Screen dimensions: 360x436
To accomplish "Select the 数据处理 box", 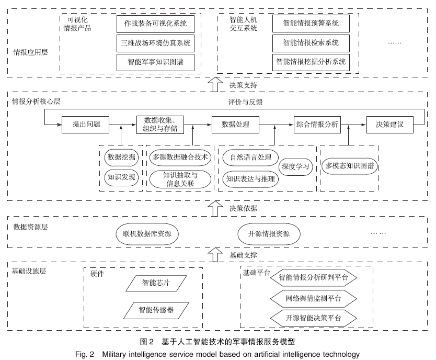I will pyautogui.click(x=235, y=125).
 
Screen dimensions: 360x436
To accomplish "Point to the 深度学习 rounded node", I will pyautogui.click(x=296, y=167).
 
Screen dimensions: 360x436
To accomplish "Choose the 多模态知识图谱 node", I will pyautogui.click(x=350, y=166).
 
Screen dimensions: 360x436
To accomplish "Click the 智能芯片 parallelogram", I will pyautogui.click(x=156, y=283).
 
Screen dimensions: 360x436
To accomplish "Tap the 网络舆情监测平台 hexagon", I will pyautogui.click(x=314, y=298).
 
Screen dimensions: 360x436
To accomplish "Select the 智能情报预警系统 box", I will pyautogui.click(x=311, y=24).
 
